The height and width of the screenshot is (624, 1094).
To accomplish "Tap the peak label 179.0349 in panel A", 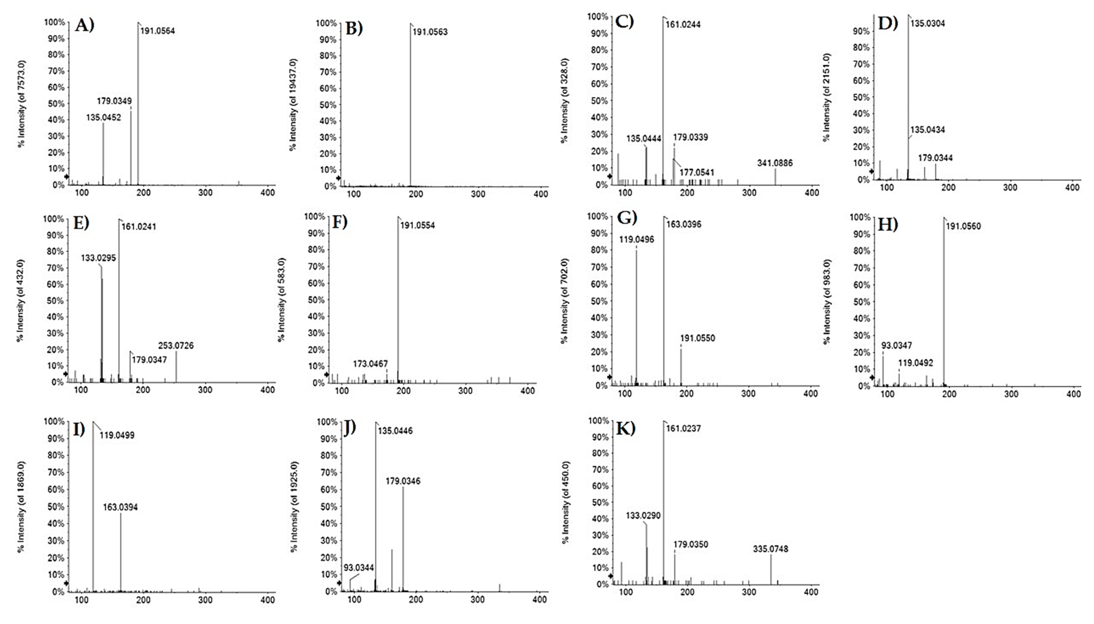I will coord(114,101).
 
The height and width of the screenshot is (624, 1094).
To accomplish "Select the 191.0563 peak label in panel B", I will coord(430,32).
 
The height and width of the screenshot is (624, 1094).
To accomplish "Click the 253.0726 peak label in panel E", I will coord(176,345).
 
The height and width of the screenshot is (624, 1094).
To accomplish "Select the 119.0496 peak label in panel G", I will coord(636,239).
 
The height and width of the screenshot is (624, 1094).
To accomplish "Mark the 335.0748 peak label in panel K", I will coord(770,549).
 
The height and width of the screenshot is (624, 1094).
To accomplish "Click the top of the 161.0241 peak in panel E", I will coord(119,219).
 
